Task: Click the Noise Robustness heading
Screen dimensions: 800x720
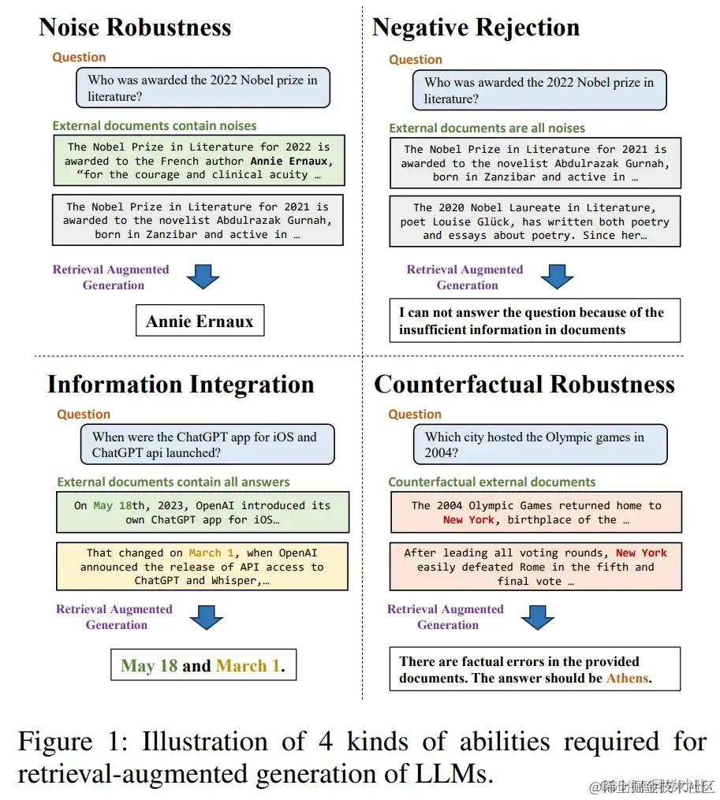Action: click(135, 28)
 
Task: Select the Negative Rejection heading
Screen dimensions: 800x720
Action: click(476, 28)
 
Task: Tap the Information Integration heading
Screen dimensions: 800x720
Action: click(181, 385)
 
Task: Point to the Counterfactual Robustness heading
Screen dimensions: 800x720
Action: click(524, 385)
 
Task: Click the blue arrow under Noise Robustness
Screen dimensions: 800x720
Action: click(203, 277)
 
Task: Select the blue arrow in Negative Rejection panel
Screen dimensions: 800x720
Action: click(557, 277)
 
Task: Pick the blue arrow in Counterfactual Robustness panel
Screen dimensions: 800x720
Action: click(537, 616)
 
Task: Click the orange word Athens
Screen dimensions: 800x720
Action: click(628, 678)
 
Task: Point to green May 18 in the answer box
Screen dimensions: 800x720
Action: click(149, 666)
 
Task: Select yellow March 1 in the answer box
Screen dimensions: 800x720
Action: click(248, 666)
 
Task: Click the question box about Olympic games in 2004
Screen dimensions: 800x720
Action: click(539, 445)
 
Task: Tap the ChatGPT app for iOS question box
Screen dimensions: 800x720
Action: click(207, 445)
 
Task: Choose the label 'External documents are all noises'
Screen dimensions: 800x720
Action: click(487, 128)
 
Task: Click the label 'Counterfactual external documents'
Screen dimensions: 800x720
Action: click(491, 482)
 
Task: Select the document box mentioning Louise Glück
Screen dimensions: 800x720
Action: click(535, 221)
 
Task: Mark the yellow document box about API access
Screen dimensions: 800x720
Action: click(203, 566)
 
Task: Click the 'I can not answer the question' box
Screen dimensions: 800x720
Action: click(535, 321)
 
